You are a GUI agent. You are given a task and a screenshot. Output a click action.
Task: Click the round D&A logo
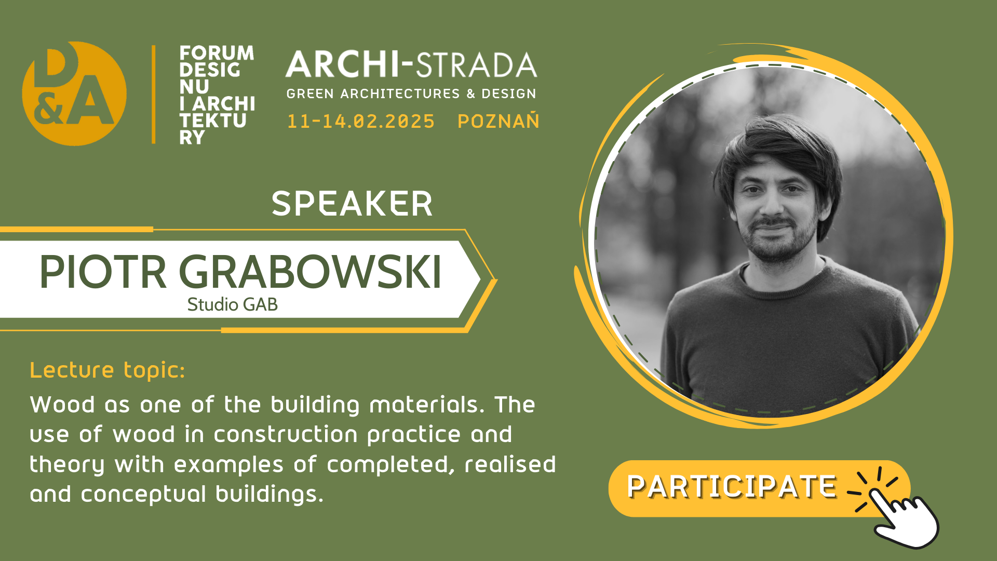point(74,94)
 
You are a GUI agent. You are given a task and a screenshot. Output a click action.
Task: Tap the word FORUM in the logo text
point(217,53)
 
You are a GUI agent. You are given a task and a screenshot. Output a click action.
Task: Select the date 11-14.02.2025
point(360,122)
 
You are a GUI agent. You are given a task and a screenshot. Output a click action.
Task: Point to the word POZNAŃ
point(498,121)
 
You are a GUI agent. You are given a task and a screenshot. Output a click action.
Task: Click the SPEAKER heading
point(352,203)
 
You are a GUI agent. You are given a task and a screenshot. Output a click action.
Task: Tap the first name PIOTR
point(103,272)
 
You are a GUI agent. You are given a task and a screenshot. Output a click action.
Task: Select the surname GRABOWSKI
point(310,272)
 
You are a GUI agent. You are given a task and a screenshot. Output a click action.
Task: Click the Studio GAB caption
point(232,304)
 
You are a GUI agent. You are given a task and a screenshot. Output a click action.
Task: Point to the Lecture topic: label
point(107,370)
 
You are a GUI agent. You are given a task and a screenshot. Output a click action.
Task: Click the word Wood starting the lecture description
point(62,405)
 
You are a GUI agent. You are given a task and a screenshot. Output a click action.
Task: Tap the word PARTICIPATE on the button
point(732,487)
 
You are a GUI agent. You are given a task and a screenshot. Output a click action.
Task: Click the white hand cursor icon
point(906,519)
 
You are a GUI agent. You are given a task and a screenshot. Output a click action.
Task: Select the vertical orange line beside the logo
point(154,94)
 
